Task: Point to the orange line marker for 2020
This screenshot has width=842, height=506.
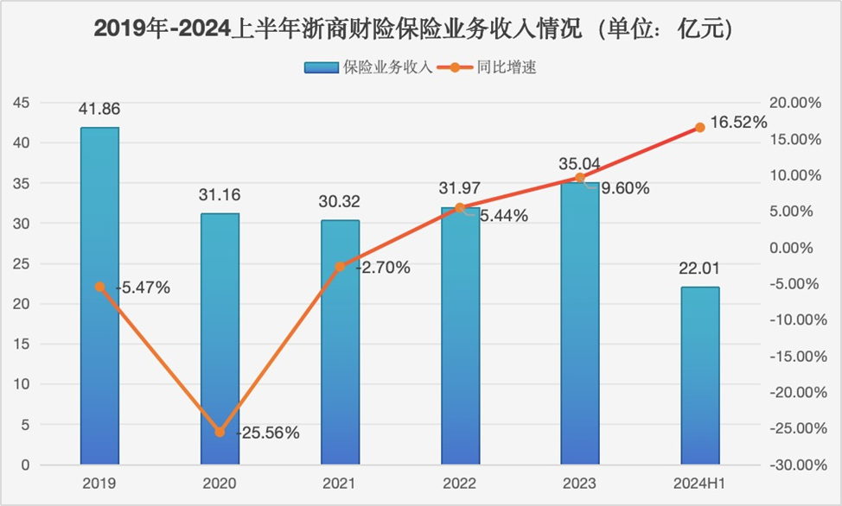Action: pos(220,432)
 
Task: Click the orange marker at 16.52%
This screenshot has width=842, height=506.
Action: pos(700,128)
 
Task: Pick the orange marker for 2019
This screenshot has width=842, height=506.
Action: pos(99,287)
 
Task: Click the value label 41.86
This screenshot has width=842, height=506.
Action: pos(99,110)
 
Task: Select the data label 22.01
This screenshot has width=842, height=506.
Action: pos(699,269)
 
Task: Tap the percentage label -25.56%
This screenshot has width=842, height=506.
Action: pos(268,433)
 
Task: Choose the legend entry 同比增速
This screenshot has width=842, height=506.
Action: pos(507,67)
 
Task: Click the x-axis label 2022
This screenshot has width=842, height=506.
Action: pos(460,483)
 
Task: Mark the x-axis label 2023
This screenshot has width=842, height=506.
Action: pos(580,483)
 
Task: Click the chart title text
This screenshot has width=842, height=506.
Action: pos(415,28)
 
